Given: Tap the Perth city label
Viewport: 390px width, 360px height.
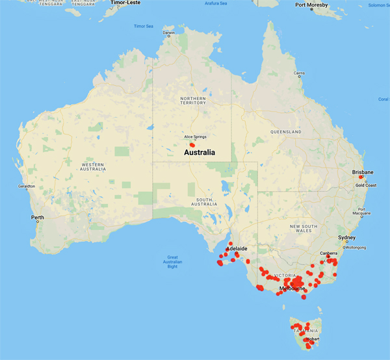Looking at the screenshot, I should (x=37, y=216).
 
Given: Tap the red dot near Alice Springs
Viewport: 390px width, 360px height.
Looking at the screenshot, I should (x=192, y=145).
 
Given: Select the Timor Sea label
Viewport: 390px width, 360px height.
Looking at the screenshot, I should (x=143, y=26).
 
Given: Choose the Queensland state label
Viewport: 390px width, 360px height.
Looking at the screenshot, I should (x=287, y=132).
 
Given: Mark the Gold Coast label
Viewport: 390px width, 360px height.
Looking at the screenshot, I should (x=365, y=185).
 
